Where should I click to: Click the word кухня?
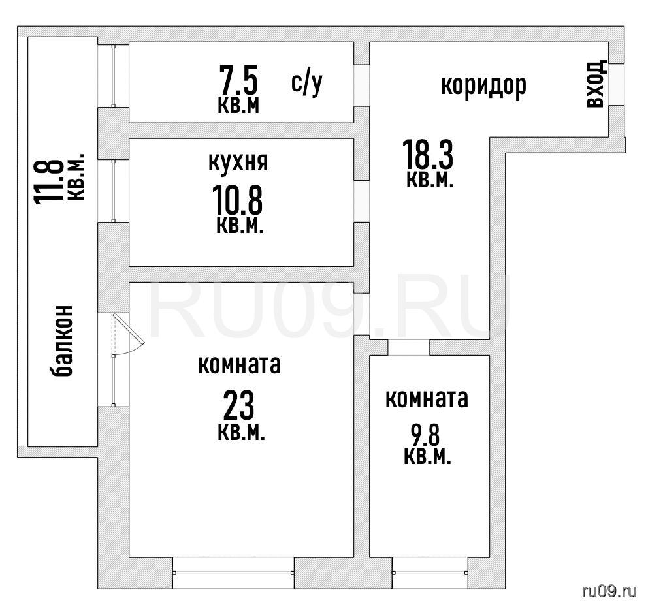click(238, 163)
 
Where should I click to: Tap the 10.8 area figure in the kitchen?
click(237, 201)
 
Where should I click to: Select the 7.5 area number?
click(238, 80)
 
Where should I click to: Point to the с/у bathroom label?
click(306, 84)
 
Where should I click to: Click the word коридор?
click(483, 86)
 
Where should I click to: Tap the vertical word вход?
click(596, 84)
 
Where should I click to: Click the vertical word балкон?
click(63, 341)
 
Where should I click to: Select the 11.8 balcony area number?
click(49, 181)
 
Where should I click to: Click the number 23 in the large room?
click(238, 405)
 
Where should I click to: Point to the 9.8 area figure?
click(425, 435)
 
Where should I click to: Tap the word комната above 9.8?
click(427, 399)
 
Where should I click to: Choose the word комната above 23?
click(239, 365)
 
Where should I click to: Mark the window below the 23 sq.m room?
click(233, 572)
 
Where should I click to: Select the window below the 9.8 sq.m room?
click(430, 572)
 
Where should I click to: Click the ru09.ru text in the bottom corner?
click(609, 591)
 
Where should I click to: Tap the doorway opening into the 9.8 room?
click(408, 347)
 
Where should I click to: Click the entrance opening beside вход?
click(616, 85)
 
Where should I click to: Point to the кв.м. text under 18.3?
click(430, 180)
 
